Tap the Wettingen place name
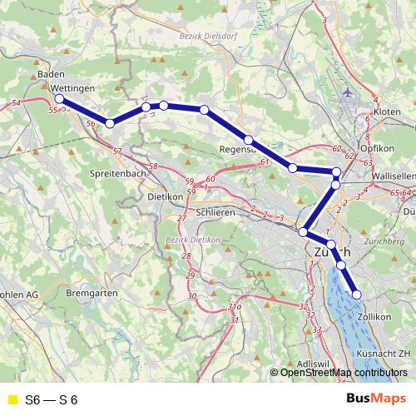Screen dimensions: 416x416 tap(71, 87)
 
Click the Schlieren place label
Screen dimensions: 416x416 tap(216, 212)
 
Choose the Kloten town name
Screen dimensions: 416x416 tap(387, 110)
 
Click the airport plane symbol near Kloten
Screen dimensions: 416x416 tap(347, 92)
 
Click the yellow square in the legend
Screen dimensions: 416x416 tap(12, 400)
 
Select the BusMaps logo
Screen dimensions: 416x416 tap(376, 399)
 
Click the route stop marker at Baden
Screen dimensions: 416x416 tap(59, 99)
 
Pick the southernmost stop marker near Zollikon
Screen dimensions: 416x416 tap(358, 295)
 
